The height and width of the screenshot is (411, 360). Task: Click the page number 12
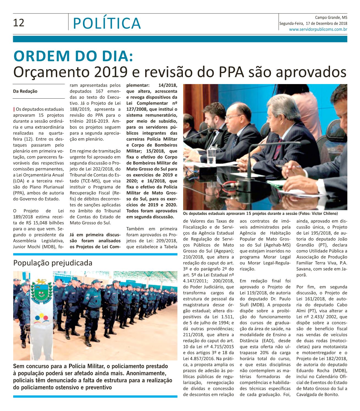(x=19, y=23)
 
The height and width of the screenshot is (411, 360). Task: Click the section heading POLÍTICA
(x=107, y=23)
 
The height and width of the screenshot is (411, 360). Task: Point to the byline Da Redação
(x=25, y=91)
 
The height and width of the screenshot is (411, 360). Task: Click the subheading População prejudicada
(x=53, y=263)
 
